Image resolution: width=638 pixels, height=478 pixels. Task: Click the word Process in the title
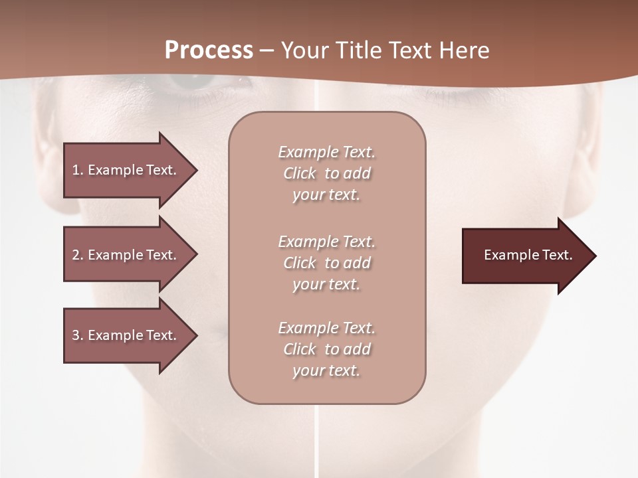209,50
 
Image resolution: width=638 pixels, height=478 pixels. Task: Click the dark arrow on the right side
525,256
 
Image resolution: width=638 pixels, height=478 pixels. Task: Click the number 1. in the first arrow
78,170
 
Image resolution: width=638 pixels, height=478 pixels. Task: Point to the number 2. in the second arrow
78,255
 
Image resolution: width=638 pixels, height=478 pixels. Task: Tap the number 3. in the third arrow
78,335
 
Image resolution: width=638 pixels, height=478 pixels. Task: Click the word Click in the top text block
300,173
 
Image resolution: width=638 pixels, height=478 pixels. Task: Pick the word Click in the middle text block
300,263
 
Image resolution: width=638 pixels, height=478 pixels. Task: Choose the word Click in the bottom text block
300,349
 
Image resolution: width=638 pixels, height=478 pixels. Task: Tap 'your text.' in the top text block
326,195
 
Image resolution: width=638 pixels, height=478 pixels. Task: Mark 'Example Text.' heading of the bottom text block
326,328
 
